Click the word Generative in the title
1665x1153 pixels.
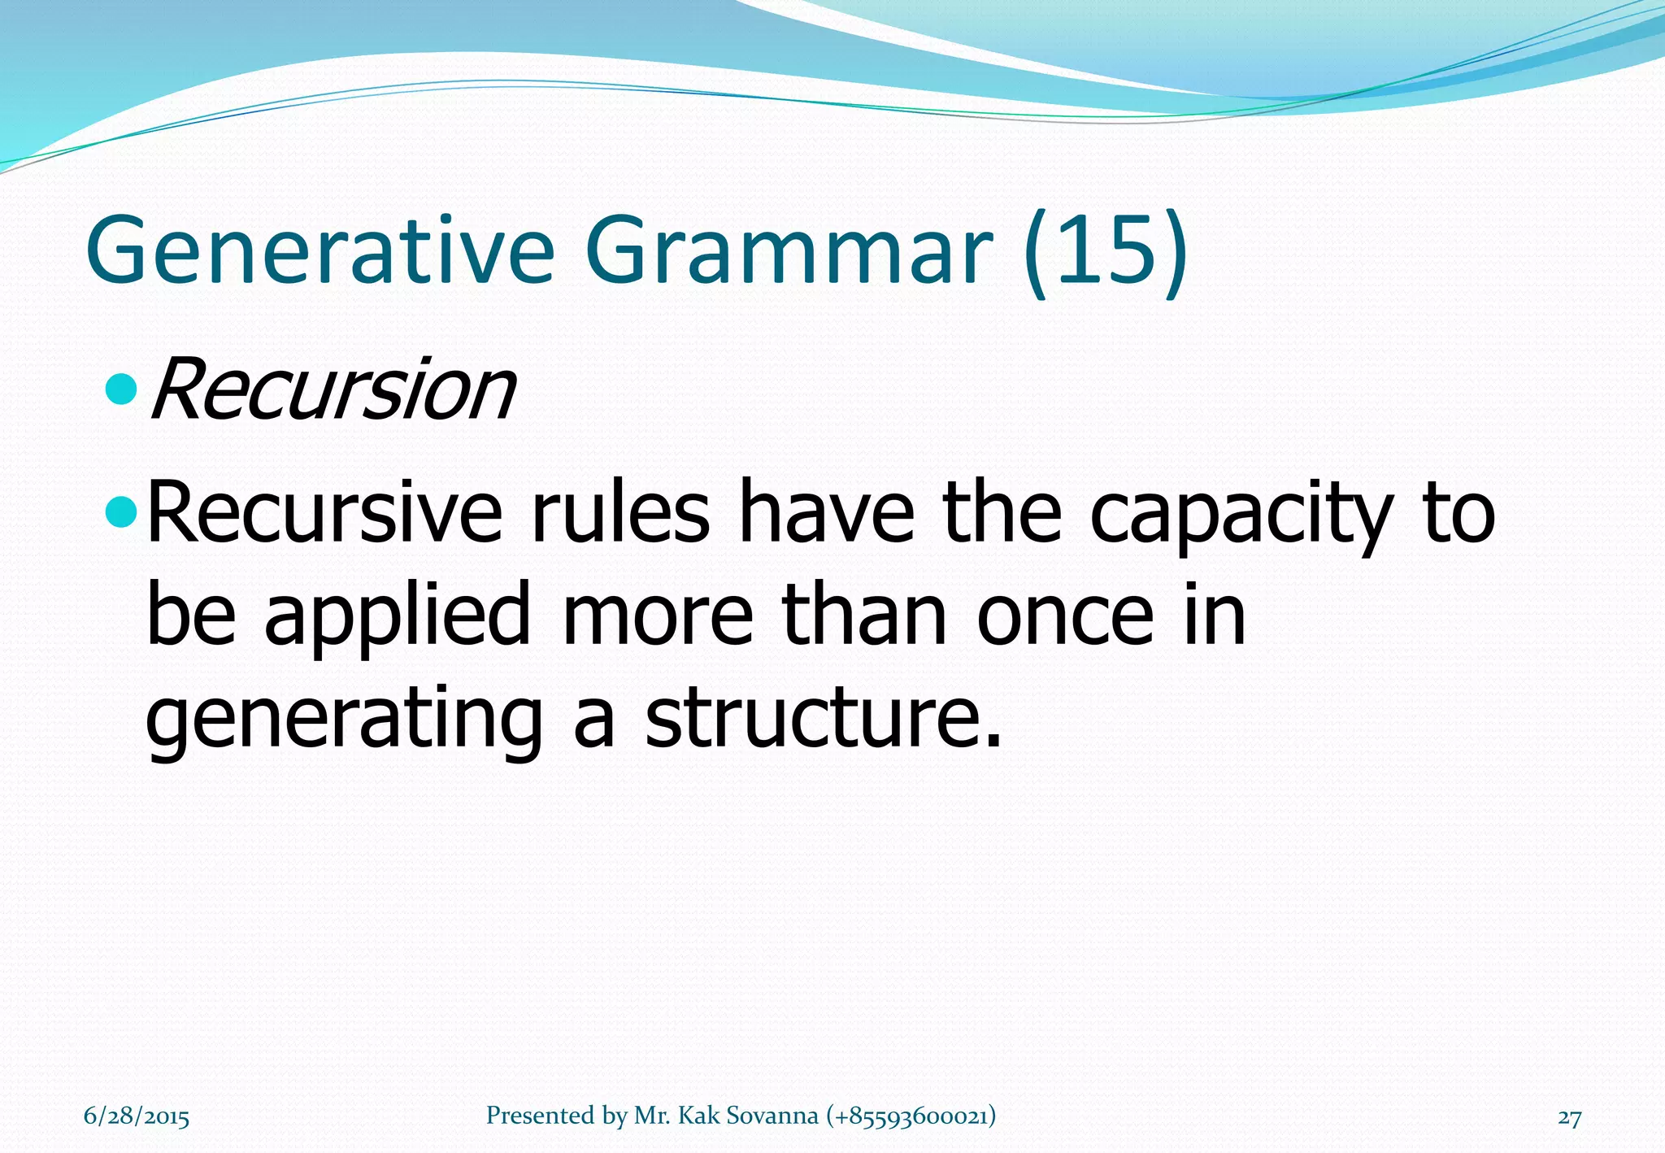320,250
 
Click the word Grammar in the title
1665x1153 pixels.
788,250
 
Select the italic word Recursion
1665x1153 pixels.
332,391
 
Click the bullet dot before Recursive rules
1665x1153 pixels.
123,513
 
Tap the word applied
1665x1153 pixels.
398,619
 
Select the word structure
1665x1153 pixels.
822,719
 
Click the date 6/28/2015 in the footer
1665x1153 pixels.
137,1116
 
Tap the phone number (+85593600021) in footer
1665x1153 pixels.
911,1116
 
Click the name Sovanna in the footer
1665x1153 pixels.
772,1116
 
